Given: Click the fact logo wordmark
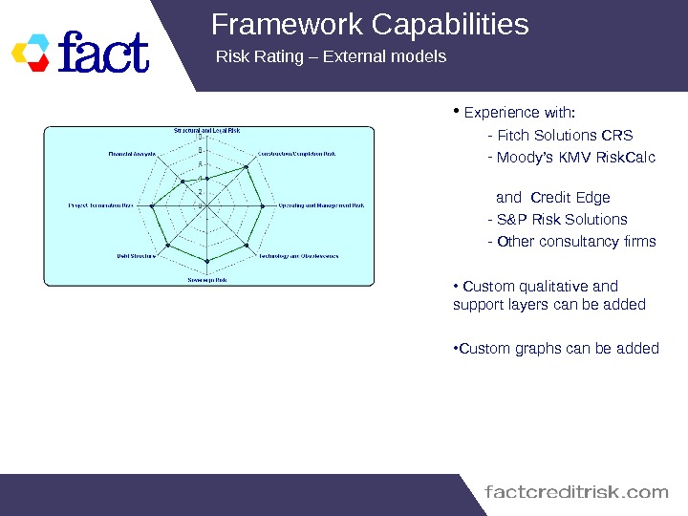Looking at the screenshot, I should point(104,54).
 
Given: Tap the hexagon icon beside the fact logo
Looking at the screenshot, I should point(33,54).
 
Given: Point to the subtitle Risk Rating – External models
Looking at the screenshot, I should point(332,57).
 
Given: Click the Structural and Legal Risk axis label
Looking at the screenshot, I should point(206,130).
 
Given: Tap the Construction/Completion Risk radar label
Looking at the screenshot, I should point(296,153).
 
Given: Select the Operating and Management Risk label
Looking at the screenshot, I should point(320,204).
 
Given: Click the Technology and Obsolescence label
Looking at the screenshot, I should point(297,256).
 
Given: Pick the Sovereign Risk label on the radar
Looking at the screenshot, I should point(206,280).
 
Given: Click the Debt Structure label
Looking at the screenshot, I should point(137,256).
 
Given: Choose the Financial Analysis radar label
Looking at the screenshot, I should point(132,153).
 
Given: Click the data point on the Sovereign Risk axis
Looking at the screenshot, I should point(206,260).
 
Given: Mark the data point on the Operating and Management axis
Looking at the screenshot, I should point(263,204).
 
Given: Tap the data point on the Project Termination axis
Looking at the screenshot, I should point(151,204).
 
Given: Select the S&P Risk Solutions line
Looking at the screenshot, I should point(557,220).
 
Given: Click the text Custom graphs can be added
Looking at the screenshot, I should point(556,348).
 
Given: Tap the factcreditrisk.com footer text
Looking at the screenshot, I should point(577,493).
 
